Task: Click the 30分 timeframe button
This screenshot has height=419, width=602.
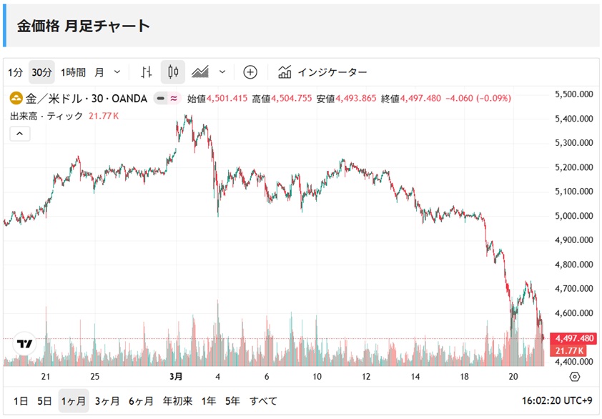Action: tap(41, 72)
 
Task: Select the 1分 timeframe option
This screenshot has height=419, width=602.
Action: tap(16, 72)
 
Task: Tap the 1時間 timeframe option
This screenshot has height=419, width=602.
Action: tap(73, 72)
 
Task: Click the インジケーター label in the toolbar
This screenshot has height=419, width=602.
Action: tap(332, 72)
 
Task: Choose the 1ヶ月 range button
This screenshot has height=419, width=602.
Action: tap(74, 401)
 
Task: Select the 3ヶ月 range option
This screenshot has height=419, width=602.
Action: tap(107, 401)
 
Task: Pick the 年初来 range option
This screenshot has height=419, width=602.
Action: tap(177, 401)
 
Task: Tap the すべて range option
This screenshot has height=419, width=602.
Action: tap(263, 401)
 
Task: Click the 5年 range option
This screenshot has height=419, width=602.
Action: tap(232, 401)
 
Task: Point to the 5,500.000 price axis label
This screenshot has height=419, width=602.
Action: tap(574, 94)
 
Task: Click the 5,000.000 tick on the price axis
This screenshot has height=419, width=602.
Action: tap(574, 216)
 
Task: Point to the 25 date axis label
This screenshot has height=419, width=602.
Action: tap(95, 377)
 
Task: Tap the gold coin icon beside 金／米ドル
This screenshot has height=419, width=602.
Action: tap(15, 99)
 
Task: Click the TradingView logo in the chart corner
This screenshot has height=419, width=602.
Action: tap(25, 344)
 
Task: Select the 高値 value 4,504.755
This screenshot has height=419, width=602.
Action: tap(291, 99)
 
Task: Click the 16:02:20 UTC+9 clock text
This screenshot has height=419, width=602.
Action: tap(558, 401)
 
